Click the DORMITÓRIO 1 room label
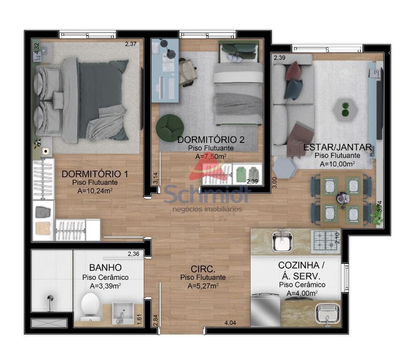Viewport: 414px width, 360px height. tap(95, 174)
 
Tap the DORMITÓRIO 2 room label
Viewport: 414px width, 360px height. tap(211, 140)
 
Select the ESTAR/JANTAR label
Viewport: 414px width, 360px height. tap(338, 147)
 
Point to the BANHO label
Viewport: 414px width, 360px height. tap(105, 268)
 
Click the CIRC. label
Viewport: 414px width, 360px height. tap(203, 269)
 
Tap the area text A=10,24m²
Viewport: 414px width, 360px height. tap(95, 191)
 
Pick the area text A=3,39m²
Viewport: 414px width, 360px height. tap(105, 286)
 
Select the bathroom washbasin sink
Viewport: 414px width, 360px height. tap(123, 313)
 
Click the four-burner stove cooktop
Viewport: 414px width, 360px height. tap(325, 241)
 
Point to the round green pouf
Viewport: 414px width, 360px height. tap(170, 128)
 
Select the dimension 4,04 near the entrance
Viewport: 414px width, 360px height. tap(230, 322)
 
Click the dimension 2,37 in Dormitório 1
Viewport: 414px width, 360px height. tap(131, 44)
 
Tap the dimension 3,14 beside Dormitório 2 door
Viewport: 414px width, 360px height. tap(155, 178)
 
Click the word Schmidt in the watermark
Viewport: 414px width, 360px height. tap(207, 194)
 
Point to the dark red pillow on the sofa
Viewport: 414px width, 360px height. tap(294, 71)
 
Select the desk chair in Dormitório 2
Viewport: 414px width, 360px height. tap(188, 72)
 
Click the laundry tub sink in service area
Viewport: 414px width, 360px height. tap(328, 314)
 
